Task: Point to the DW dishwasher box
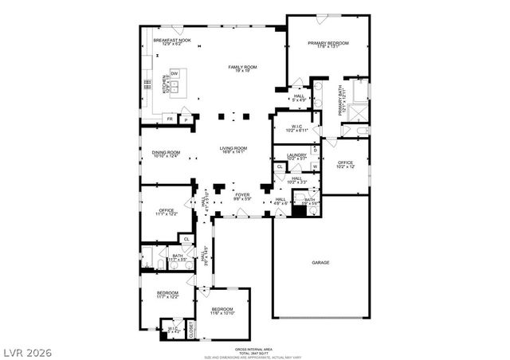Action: click(173, 73)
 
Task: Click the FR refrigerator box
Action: click(170, 119)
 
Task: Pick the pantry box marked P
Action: click(186, 119)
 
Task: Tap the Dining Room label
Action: click(167, 155)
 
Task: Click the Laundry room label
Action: click(296, 157)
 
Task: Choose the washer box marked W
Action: click(315, 166)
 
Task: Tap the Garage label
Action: click(320, 262)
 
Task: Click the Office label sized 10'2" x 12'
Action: click(344, 164)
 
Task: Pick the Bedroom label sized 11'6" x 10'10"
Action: click(222, 310)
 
